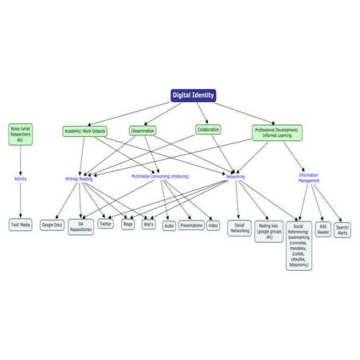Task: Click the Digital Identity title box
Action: (194, 96)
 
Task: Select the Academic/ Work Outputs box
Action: (84, 131)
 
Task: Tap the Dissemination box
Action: (143, 131)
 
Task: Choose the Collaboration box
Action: (209, 129)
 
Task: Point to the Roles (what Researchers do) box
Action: (21, 131)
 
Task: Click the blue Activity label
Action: (21, 178)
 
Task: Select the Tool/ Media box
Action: (21, 225)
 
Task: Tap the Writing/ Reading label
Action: (79, 179)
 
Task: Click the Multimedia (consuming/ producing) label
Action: (161, 176)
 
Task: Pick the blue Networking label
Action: (236, 176)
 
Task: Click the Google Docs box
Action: (53, 225)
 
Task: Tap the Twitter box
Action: (106, 225)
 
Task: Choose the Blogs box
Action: (128, 225)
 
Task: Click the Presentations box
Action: (191, 225)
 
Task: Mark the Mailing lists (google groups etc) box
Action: (269, 231)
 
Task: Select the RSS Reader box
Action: (323, 229)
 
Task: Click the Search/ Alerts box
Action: (343, 229)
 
